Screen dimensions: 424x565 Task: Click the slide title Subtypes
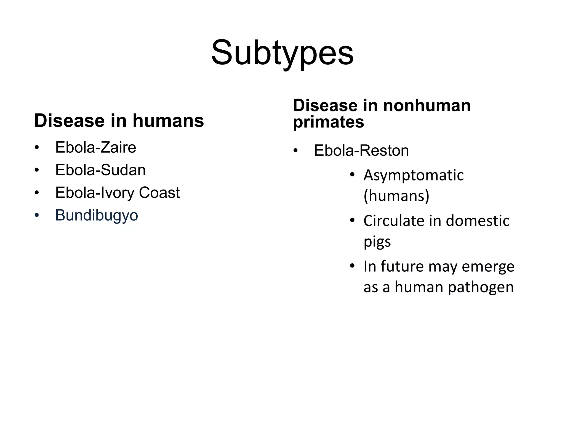pyautogui.click(x=282, y=53)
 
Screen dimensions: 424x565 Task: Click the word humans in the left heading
pyautogui.click(x=168, y=121)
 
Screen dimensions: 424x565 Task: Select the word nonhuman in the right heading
pyautogui.click(x=427, y=105)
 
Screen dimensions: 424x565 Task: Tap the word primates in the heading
pyautogui.click(x=328, y=122)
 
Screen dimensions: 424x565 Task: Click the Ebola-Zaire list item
pyautogui.click(x=95, y=147)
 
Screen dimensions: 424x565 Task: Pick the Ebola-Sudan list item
pyautogui.click(x=100, y=170)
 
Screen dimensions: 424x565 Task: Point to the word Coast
pyautogui.click(x=159, y=192)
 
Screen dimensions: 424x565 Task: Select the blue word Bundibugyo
pyautogui.click(x=97, y=215)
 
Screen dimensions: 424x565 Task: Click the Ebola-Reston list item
pyautogui.click(x=361, y=151)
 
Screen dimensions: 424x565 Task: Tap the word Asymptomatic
pyautogui.click(x=413, y=175)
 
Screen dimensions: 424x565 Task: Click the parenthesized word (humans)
pyautogui.click(x=396, y=196)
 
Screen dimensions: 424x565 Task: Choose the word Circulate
pyautogui.click(x=394, y=221)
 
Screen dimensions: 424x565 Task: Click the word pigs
pyautogui.click(x=377, y=242)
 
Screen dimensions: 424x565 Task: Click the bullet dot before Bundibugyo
pyautogui.click(x=37, y=216)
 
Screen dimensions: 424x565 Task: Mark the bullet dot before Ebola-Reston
pyautogui.click(x=295, y=151)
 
